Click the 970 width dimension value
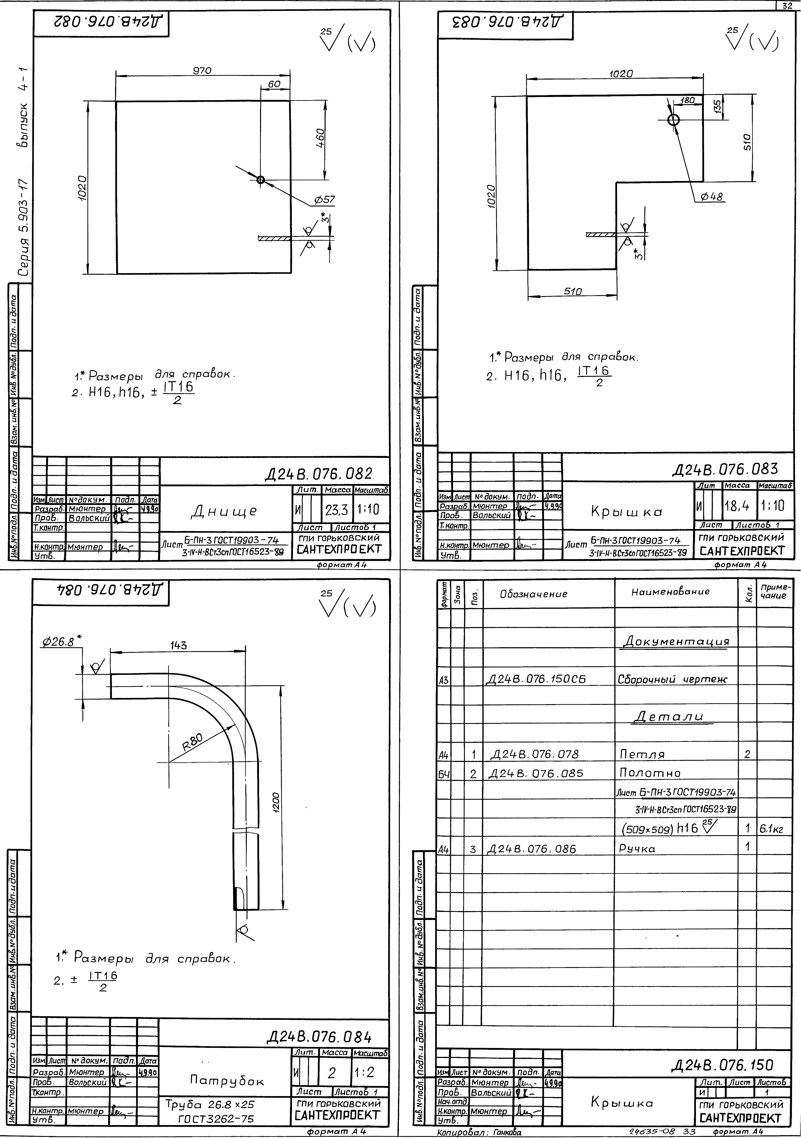[202, 71]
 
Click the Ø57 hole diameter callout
[324, 200]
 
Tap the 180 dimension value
[688, 100]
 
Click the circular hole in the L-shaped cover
[673, 120]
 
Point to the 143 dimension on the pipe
[178, 645]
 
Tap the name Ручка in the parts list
[637, 849]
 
